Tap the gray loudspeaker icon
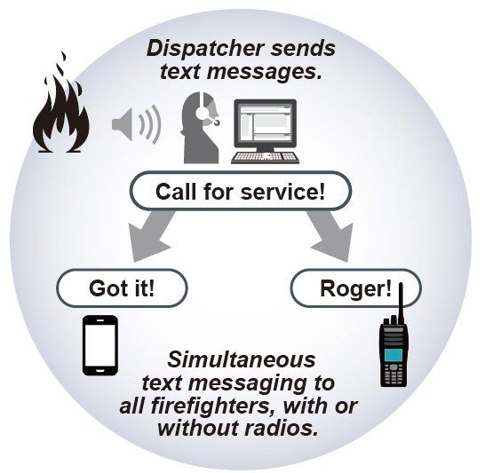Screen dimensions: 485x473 pyautogui.click(x=136, y=124)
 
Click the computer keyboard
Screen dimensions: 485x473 pyautogui.click(x=266, y=158)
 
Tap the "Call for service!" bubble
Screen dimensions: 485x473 pyautogui.click(x=241, y=191)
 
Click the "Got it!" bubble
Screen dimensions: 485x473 pyautogui.click(x=122, y=288)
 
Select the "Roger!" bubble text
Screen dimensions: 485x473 pyautogui.click(x=355, y=288)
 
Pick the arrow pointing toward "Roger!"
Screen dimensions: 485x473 pyautogui.click(x=331, y=235)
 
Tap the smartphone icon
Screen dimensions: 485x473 pyautogui.click(x=100, y=345)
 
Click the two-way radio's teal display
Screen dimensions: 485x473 pyautogui.click(x=394, y=355)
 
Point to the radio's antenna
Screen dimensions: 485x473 pyautogui.click(x=401, y=304)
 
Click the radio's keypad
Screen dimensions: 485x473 pyautogui.click(x=394, y=374)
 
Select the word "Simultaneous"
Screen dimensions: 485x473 pyautogui.click(x=242, y=359)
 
